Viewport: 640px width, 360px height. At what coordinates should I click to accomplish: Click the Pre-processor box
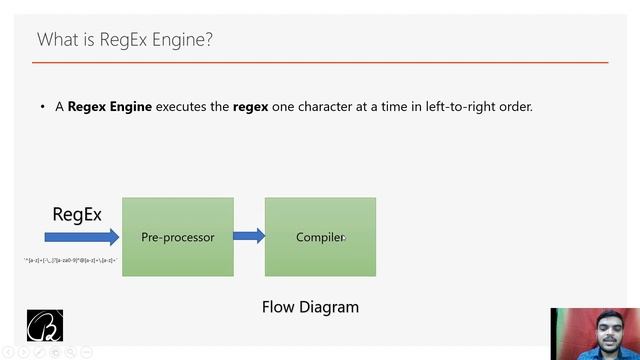click(x=178, y=237)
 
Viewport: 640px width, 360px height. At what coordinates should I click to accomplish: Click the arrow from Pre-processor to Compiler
click(x=249, y=236)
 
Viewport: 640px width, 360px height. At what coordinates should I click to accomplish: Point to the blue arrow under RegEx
click(x=80, y=237)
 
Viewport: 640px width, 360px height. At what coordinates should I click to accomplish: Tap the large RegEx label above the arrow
click(x=77, y=214)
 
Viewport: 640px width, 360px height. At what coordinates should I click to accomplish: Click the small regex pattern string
click(x=70, y=260)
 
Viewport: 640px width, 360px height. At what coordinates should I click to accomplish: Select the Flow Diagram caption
click(x=310, y=307)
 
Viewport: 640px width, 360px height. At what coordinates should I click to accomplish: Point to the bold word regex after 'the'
click(x=250, y=106)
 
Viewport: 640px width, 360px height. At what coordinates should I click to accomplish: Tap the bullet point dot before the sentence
click(x=43, y=107)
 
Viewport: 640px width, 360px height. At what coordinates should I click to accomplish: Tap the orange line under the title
click(x=320, y=62)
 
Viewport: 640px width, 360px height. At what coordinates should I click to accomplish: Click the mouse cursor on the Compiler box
click(x=343, y=238)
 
